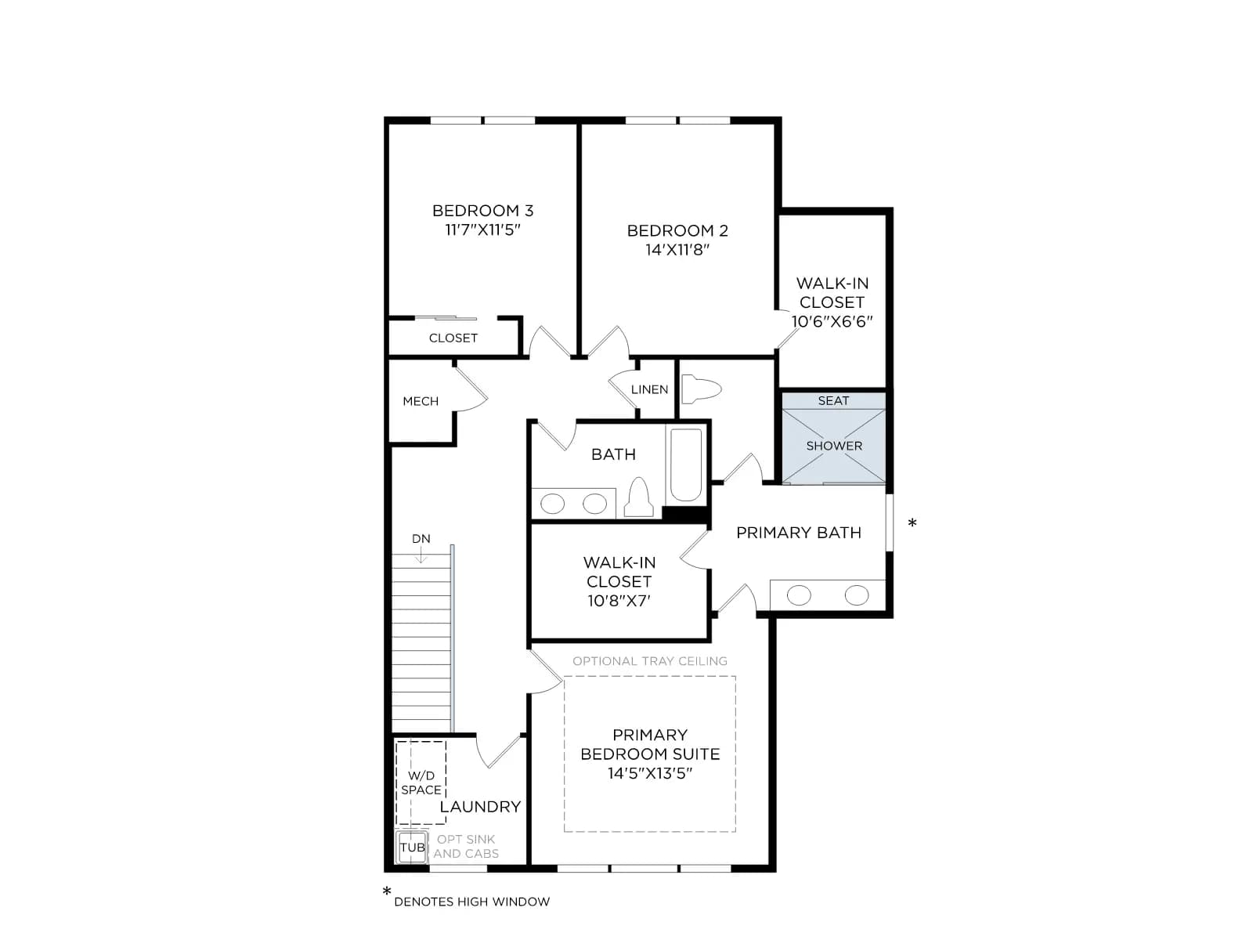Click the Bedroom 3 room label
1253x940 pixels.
point(482,211)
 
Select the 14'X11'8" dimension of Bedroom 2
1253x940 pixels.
point(677,249)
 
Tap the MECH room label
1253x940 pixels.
point(421,401)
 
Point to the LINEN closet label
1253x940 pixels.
point(649,389)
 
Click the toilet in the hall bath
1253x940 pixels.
point(639,497)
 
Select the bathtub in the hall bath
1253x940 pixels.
point(685,465)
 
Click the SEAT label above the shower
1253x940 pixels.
point(833,400)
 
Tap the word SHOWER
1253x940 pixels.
point(834,446)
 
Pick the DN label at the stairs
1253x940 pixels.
point(421,538)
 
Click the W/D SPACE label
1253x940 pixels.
point(421,783)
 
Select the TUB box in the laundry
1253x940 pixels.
point(412,847)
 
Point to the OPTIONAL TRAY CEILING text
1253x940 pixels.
point(650,661)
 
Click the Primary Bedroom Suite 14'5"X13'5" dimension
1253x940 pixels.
point(650,773)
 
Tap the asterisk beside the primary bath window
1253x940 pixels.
point(912,522)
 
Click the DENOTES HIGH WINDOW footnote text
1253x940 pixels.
point(471,902)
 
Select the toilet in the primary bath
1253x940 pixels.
point(702,389)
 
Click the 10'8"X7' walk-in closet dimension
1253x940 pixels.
point(619,600)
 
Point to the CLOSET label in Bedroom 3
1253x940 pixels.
point(453,338)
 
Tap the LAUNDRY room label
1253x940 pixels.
point(480,807)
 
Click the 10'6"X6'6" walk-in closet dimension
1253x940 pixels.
point(832,321)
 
